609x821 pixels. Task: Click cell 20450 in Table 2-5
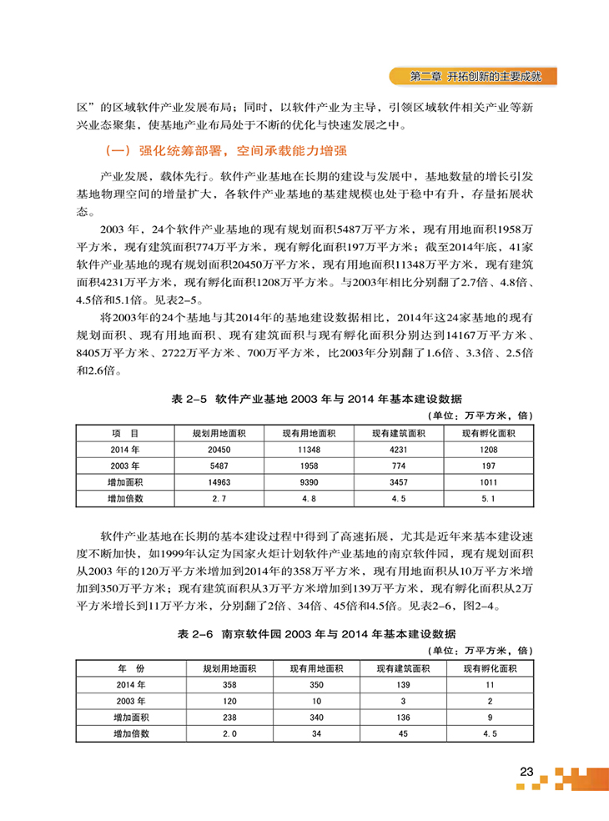coord(217,449)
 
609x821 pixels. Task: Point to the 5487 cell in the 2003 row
coord(217,465)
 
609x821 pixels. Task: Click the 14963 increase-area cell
coord(217,481)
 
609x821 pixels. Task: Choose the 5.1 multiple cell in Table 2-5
coord(489,498)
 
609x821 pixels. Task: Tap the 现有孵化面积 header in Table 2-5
coord(489,433)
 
